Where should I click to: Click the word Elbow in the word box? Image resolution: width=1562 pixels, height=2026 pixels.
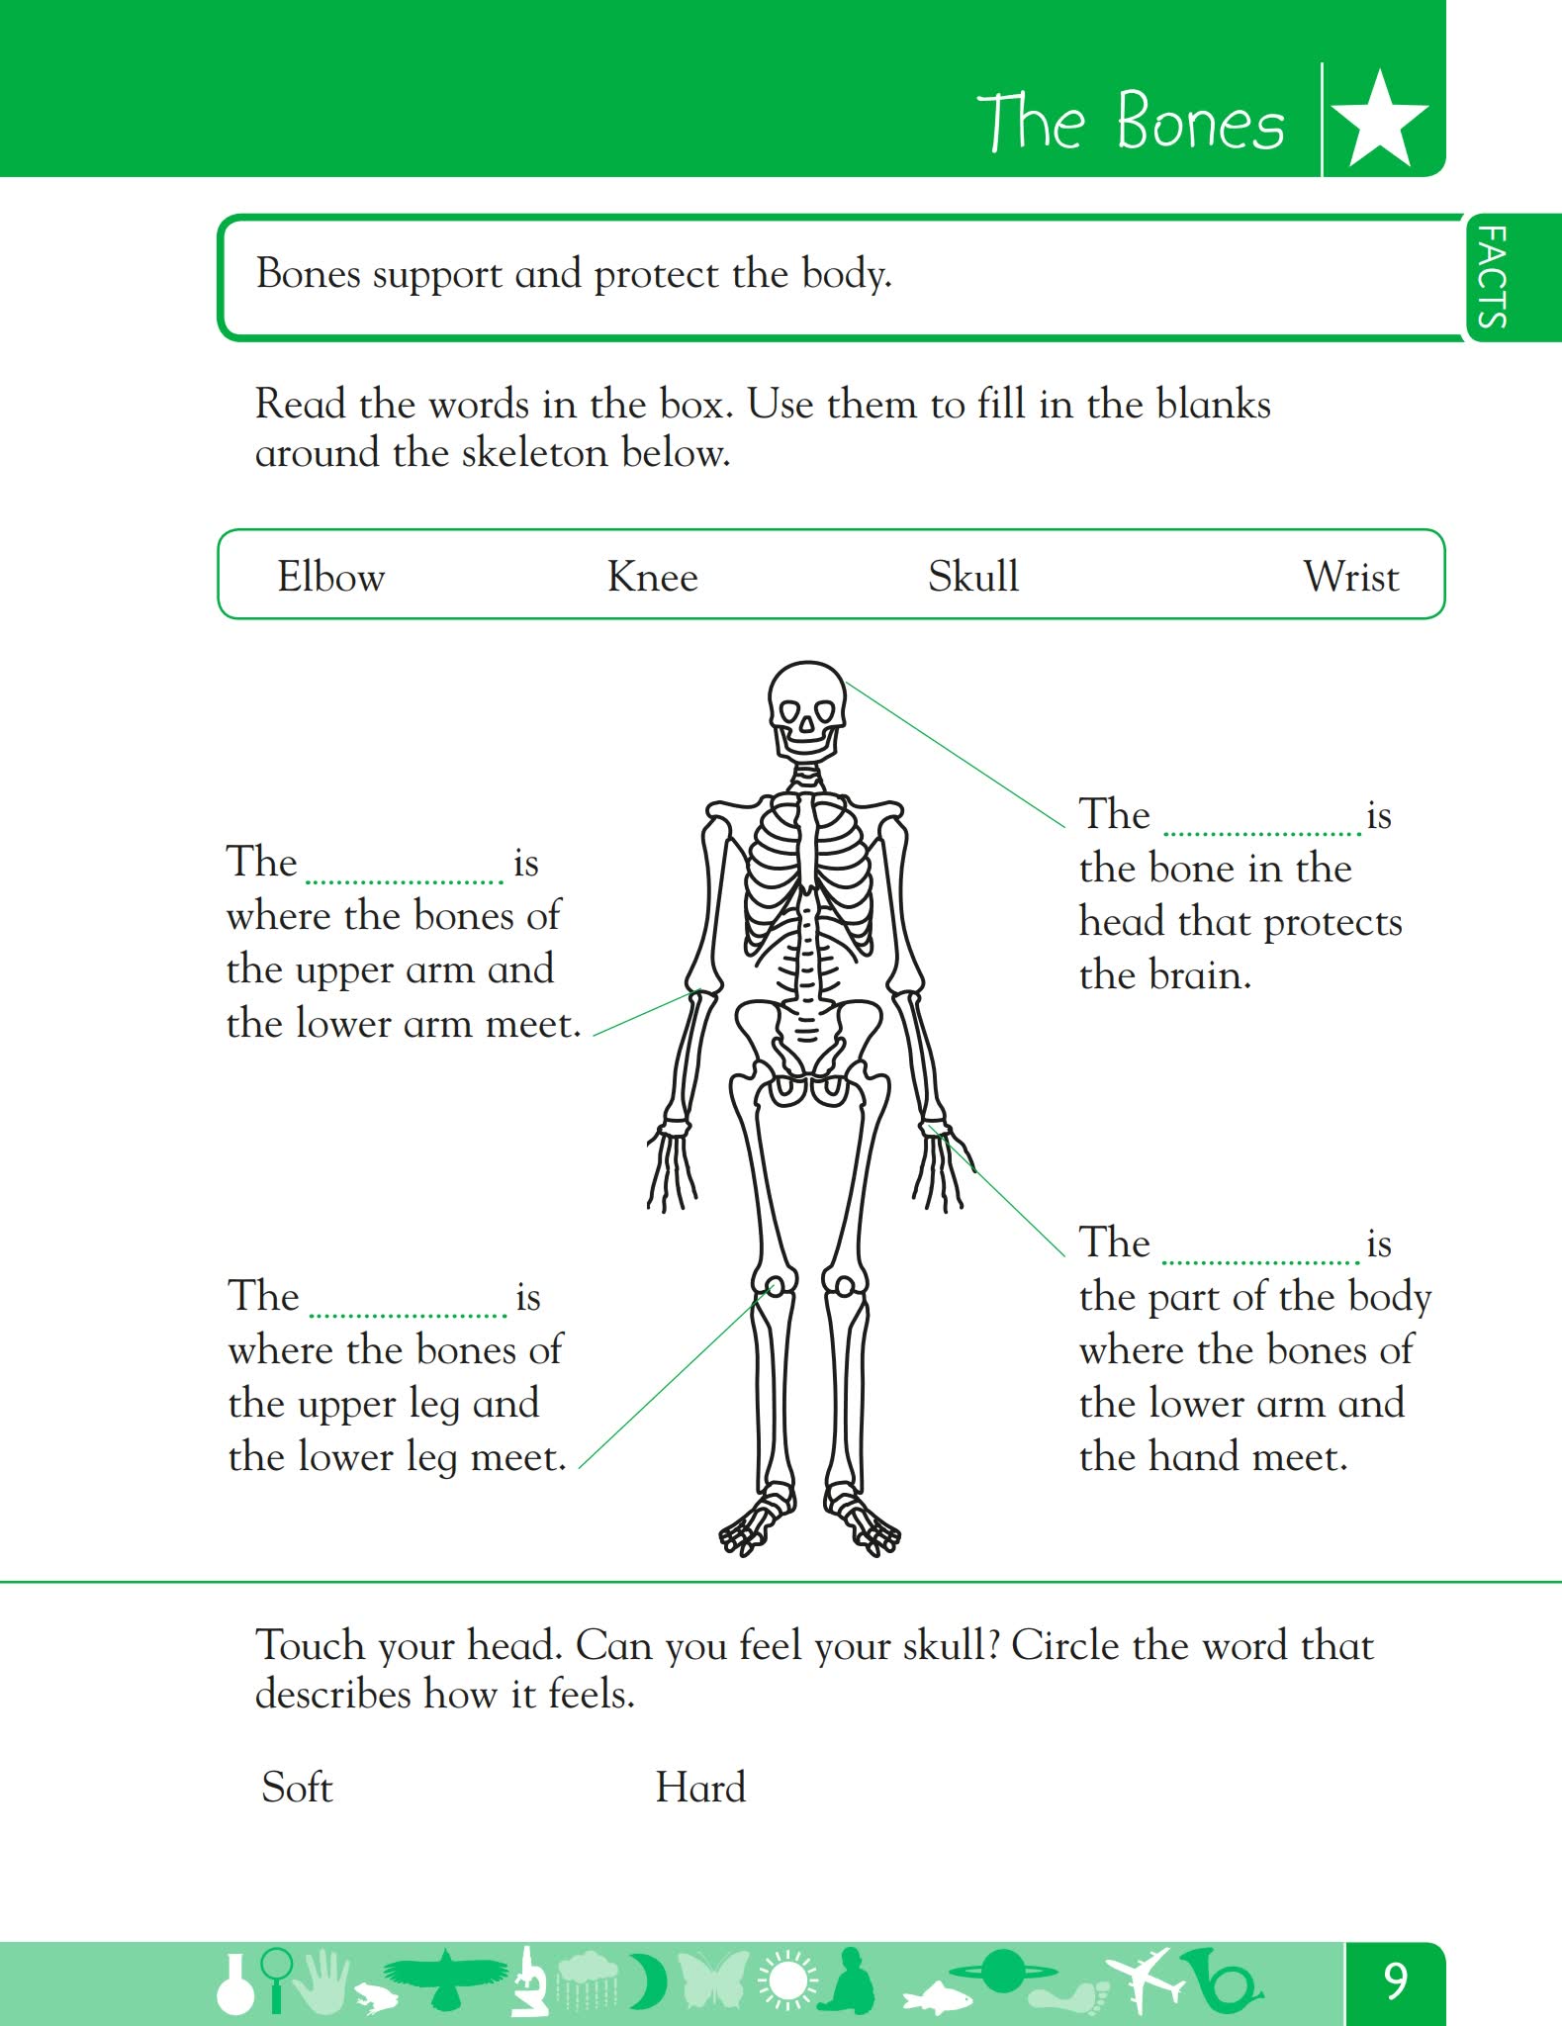(330, 576)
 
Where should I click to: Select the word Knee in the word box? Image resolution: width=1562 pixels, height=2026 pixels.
(652, 576)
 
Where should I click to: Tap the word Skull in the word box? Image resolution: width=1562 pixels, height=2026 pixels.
(973, 576)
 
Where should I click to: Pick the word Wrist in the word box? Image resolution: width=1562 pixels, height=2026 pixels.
(1351, 576)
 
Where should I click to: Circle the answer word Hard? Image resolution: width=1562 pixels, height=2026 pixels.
(700, 1787)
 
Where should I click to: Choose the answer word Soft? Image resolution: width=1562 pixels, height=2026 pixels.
(297, 1787)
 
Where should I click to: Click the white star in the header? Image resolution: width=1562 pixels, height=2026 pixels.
(1380, 118)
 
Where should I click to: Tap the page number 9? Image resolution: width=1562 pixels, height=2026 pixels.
(1395, 1980)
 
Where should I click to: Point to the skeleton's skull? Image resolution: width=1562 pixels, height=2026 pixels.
(807, 711)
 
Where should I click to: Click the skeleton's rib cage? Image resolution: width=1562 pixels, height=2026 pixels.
(809, 871)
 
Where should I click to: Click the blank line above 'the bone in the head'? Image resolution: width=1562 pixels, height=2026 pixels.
(1261, 833)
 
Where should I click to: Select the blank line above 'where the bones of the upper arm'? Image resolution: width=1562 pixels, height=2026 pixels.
(405, 880)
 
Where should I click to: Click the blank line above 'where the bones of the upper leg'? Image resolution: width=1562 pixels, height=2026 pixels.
(408, 1315)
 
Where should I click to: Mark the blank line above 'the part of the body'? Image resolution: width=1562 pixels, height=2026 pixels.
(1260, 1262)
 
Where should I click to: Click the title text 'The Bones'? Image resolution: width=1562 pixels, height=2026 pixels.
(1132, 121)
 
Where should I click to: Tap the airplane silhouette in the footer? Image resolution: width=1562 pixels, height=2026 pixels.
(1145, 1981)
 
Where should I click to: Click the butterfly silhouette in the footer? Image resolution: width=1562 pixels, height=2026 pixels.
(713, 1980)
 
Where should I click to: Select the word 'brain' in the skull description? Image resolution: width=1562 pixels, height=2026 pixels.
(1200, 974)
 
